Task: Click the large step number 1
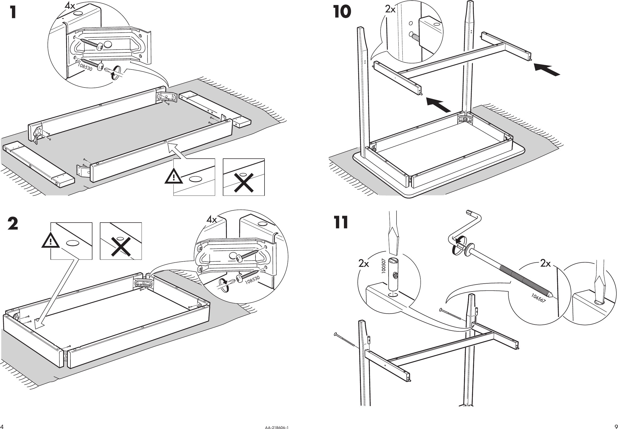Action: coord(13,12)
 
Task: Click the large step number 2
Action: coord(13,224)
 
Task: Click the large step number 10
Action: coord(342,12)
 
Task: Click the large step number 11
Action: coord(341,222)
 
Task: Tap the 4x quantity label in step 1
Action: coord(70,6)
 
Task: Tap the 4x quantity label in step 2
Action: coord(212,220)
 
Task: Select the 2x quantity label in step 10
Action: coord(390,9)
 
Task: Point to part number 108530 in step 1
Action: coord(85,67)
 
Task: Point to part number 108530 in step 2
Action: coord(252,280)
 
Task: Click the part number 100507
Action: coord(384,266)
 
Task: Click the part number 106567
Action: coord(538,298)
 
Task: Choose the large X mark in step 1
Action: coord(244,183)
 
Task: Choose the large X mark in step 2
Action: coord(121,246)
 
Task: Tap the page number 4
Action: coord(2,427)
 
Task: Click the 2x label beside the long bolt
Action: coord(545,263)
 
